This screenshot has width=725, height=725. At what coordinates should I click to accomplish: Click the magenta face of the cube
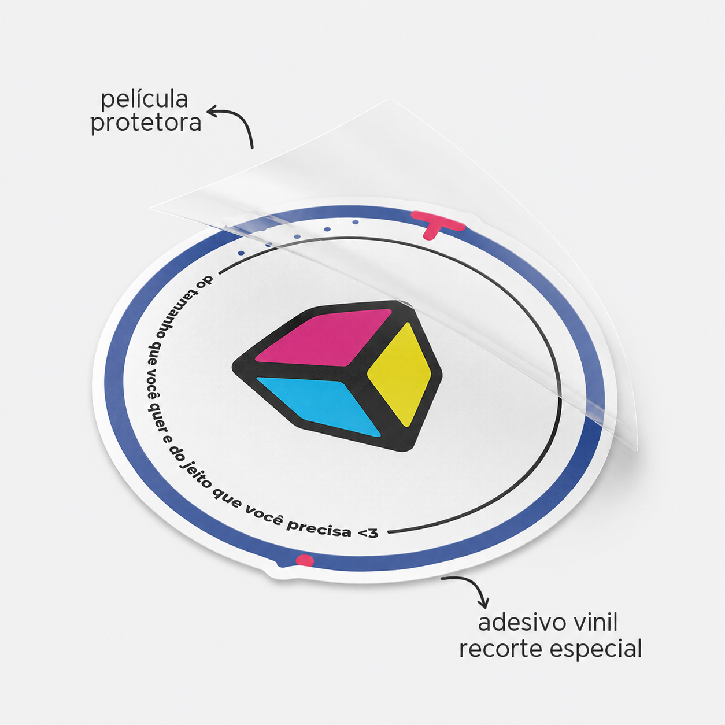[324, 336]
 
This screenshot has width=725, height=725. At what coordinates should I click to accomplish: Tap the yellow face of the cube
[400, 375]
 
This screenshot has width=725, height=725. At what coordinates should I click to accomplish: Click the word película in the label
[145, 99]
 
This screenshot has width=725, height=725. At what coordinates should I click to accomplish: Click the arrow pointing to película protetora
[241, 120]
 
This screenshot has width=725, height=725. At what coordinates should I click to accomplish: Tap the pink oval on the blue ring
[305, 560]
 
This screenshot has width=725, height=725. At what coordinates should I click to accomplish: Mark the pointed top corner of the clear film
[390, 98]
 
